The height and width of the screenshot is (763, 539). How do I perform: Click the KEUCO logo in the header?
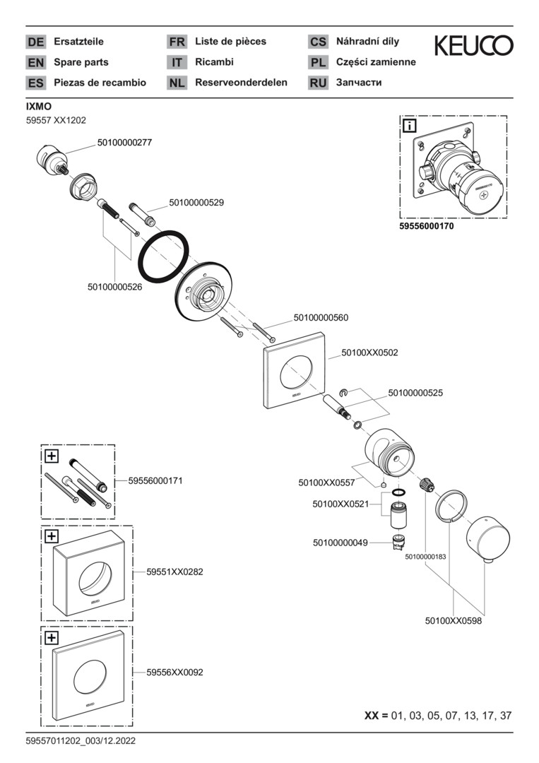coord(473,47)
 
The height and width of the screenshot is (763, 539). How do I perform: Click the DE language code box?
coord(35,42)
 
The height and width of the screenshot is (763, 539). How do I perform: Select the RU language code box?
coord(318,83)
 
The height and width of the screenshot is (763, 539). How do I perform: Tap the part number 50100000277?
coord(124,142)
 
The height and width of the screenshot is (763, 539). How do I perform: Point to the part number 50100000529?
coord(196,203)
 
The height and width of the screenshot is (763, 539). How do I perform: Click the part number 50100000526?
coord(115,287)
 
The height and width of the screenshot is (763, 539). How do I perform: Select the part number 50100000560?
coord(321,318)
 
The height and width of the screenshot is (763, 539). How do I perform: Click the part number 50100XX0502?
coord(369,352)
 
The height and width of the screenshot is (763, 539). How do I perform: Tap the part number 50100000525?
coord(415,392)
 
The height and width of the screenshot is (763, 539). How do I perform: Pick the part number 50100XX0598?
coord(453,621)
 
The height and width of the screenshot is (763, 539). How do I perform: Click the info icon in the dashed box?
coord(409,126)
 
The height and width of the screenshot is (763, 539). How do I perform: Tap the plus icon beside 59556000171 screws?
coord(51,456)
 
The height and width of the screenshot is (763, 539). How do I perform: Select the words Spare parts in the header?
coord(81,62)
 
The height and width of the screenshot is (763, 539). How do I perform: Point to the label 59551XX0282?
coord(174,572)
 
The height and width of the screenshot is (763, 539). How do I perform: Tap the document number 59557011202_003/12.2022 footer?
coord(81,741)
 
